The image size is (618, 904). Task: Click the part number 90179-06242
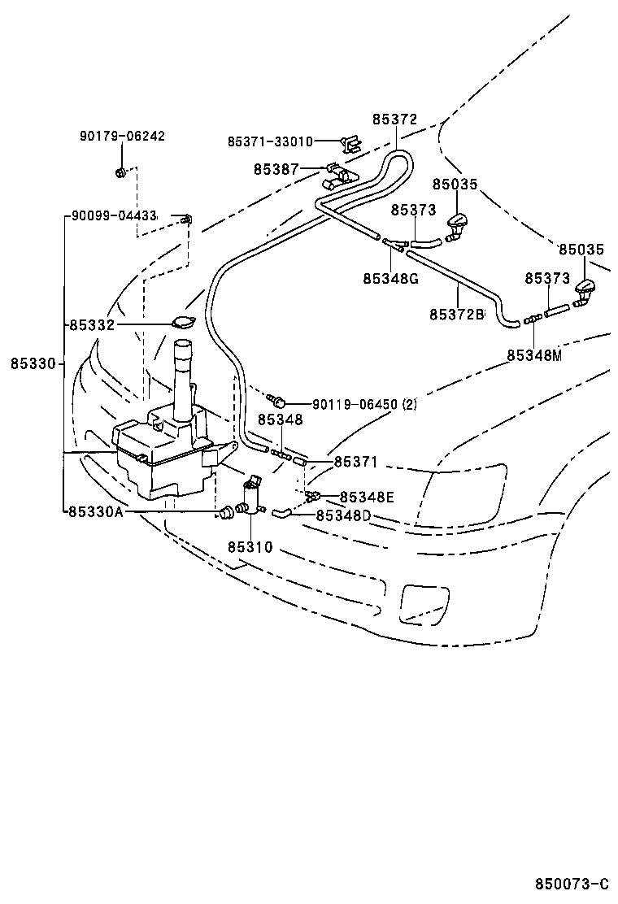[122, 136]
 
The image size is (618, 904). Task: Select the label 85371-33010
[270, 141]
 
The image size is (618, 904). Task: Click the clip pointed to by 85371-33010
[351, 144]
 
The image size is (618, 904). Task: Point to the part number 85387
[276, 169]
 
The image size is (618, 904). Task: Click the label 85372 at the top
[395, 120]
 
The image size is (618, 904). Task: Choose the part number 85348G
[391, 278]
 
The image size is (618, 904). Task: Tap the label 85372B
[457, 313]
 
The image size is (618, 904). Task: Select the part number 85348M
[534, 354]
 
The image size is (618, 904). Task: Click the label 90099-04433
[114, 216]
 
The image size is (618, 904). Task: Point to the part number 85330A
[96, 511]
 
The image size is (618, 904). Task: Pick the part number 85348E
[367, 497]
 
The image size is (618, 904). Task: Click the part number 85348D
[343, 515]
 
